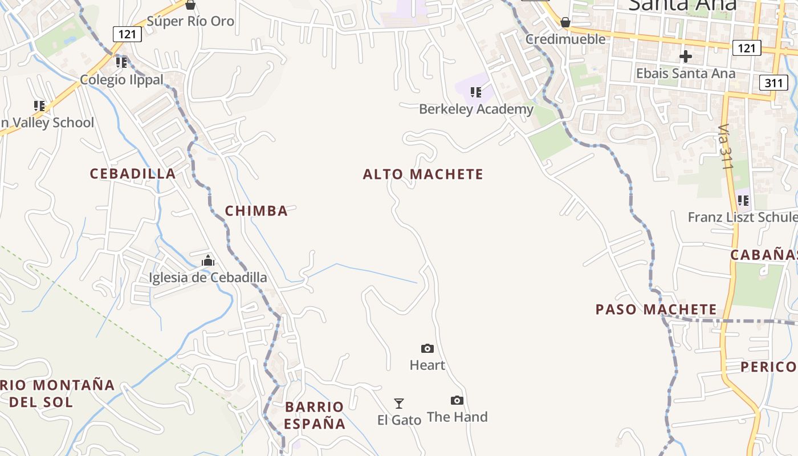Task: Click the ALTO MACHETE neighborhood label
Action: (423, 174)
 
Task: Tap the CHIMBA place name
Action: (256, 211)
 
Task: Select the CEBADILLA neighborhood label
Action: (133, 174)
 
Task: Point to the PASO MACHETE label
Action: (656, 310)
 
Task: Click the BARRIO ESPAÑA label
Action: (315, 415)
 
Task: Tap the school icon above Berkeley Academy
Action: (476, 92)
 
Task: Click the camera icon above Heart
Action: (427, 348)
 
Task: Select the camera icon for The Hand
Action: (457, 400)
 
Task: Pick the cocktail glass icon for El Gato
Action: (399, 404)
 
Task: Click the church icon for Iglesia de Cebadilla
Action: (208, 261)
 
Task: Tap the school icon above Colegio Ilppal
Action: (121, 62)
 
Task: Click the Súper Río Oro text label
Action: (190, 22)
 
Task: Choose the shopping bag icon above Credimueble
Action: (565, 22)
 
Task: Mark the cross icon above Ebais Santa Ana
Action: (686, 56)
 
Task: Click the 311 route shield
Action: (773, 83)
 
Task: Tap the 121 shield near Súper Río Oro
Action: (127, 34)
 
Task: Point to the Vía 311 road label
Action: (724, 146)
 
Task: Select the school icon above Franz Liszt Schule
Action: (743, 201)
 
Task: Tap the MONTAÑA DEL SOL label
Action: (57, 393)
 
